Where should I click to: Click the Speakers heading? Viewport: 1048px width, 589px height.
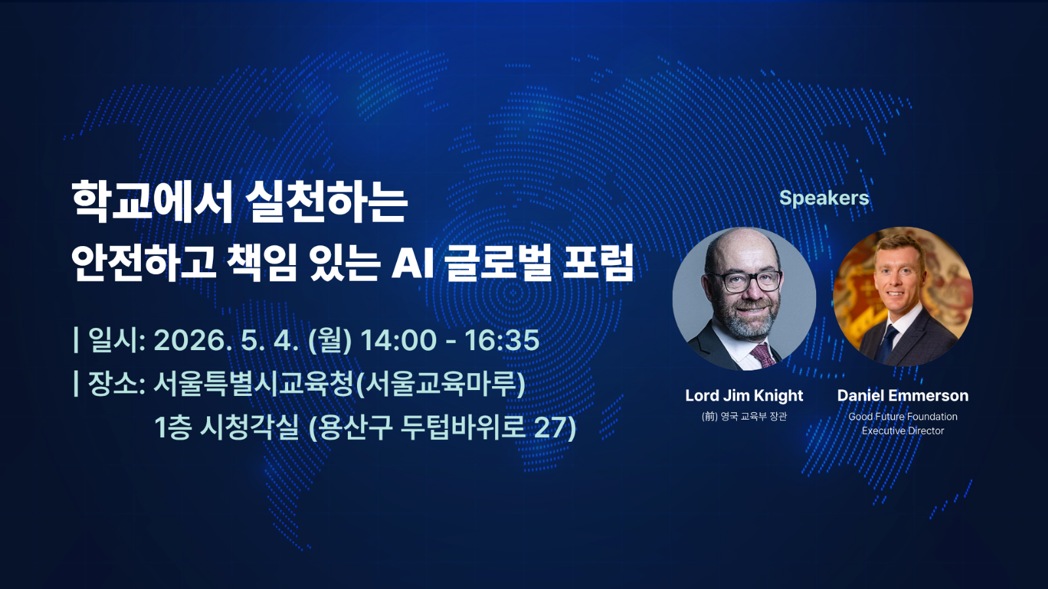[824, 198]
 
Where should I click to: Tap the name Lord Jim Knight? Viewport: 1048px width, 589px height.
[744, 395]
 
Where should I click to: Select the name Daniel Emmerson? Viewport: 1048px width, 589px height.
[903, 395]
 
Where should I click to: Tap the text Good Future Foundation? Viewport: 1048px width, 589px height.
[903, 416]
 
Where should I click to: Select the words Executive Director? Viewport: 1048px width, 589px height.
[903, 431]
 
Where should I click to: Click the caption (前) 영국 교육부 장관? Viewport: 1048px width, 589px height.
[744, 416]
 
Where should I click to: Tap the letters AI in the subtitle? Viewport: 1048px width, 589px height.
[413, 263]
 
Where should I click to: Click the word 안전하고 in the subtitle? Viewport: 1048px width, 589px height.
[143, 263]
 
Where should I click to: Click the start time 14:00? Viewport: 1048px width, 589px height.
[398, 340]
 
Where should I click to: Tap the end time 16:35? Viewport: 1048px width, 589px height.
[502, 340]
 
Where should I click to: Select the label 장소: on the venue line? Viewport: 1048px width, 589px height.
[116, 384]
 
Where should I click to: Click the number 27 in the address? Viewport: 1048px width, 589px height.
[550, 428]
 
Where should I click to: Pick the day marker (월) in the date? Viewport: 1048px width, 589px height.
[330, 340]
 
